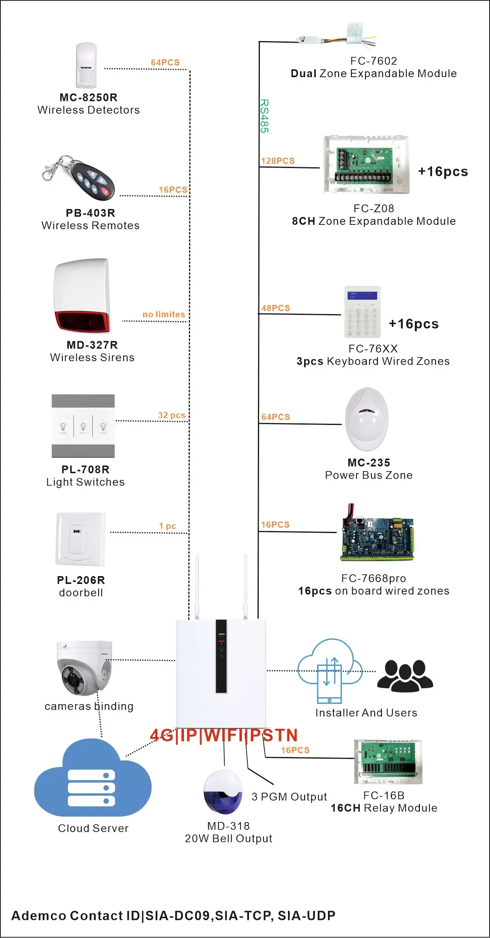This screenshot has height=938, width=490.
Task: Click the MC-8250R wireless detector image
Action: click(86, 65)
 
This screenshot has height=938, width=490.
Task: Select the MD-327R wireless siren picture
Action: click(82, 296)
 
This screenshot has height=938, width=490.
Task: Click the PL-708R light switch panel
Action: click(83, 426)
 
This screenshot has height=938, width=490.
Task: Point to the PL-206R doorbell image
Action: click(81, 539)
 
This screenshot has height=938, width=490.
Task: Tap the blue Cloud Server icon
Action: click(93, 778)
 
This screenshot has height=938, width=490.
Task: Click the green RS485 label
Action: click(265, 116)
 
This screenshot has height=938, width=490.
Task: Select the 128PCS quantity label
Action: click(278, 161)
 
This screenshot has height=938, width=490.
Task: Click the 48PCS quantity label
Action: click(276, 308)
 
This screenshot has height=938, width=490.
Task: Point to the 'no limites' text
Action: click(164, 314)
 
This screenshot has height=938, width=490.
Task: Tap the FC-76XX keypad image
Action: click(362, 312)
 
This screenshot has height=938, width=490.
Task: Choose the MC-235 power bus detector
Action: click(367, 419)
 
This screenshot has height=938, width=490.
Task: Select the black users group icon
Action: click(405, 675)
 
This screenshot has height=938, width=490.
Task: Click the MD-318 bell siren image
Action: click(223, 792)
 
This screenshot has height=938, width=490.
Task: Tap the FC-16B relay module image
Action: click(388, 761)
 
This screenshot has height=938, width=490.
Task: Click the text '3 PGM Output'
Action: click(289, 797)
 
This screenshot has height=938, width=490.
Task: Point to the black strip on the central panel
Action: click(222, 656)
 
